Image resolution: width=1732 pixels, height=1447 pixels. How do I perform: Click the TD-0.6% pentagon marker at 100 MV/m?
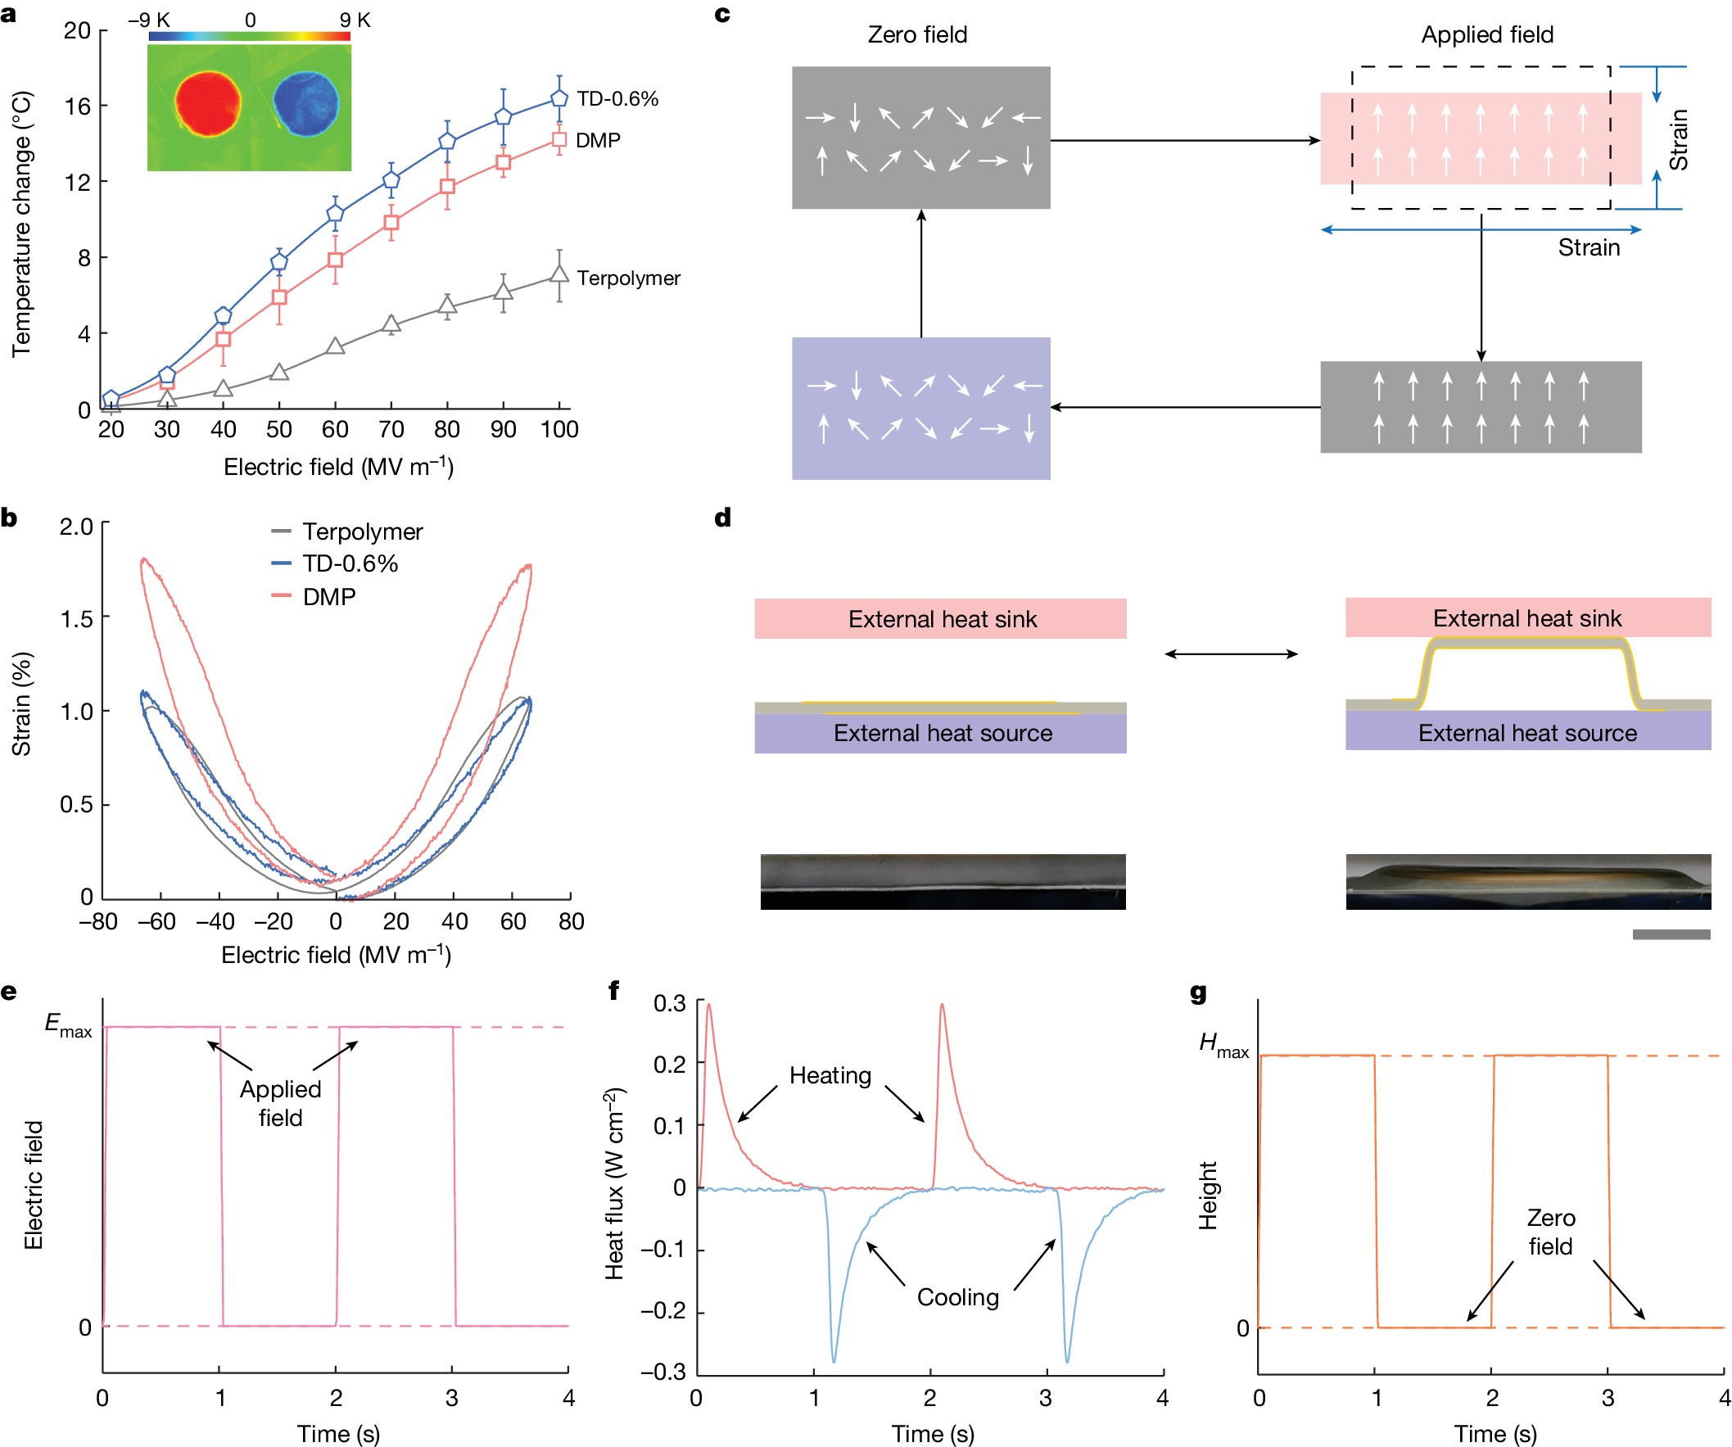(x=559, y=98)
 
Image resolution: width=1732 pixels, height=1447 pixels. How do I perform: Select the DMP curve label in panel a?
(x=598, y=140)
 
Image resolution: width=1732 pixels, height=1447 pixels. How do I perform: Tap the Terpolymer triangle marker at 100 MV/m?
(x=559, y=274)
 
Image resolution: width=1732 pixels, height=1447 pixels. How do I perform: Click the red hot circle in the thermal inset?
(x=208, y=103)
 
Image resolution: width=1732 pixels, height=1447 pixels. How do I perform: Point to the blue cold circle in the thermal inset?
(x=306, y=103)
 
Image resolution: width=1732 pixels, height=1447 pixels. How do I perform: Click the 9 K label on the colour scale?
(x=355, y=20)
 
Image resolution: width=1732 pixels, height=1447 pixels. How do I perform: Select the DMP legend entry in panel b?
(x=329, y=596)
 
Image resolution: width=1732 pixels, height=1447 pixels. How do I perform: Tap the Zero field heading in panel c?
(x=917, y=34)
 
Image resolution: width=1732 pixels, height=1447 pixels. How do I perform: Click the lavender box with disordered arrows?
(x=920, y=409)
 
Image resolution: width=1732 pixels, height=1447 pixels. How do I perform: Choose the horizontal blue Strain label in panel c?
(x=1589, y=247)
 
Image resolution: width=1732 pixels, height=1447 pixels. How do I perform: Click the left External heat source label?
(x=943, y=734)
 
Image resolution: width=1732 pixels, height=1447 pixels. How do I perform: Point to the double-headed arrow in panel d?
(x=1231, y=654)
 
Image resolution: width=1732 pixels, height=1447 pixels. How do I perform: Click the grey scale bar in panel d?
(x=1671, y=934)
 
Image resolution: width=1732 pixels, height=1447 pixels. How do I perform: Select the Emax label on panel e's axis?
(x=69, y=1026)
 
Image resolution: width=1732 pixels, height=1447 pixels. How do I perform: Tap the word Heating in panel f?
(x=830, y=1076)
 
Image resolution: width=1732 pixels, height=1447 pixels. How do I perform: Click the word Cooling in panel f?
(x=957, y=1298)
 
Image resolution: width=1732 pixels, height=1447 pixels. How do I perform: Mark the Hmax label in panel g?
(x=1223, y=1046)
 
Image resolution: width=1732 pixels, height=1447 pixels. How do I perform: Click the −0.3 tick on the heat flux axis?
(x=663, y=1372)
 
